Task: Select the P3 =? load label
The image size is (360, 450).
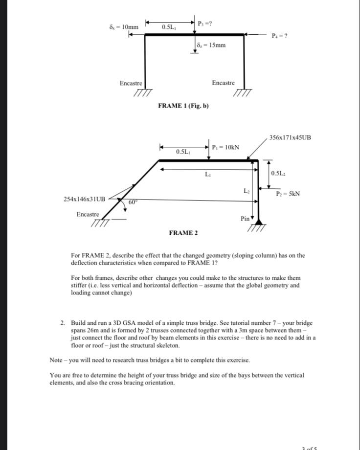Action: tap(204, 23)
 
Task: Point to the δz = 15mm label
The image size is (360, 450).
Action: tap(210, 45)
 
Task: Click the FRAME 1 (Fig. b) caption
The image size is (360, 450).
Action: tap(183, 106)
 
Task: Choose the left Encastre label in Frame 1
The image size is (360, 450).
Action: tap(131, 84)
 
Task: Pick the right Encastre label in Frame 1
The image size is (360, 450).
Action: tap(223, 83)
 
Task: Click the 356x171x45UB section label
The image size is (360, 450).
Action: tap(290, 137)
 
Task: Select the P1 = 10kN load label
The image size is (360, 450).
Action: tap(225, 147)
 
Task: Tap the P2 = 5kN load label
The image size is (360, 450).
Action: tap(288, 194)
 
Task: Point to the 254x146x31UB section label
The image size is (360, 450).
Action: tap(85, 199)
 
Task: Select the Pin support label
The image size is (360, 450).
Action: tap(245, 219)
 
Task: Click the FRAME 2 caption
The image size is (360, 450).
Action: tap(183, 233)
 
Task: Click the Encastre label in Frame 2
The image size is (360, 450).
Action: tap(88, 215)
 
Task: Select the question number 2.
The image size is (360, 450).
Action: tap(63, 323)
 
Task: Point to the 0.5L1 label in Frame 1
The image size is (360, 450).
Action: tap(170, 26)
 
